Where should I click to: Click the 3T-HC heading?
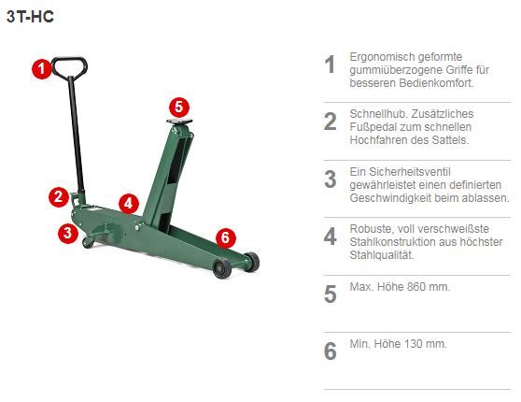(30, 17)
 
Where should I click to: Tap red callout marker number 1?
(42, 69)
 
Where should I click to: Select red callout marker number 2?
(59, 197)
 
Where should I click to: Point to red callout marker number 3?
(68, 233)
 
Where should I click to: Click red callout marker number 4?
(129, 203)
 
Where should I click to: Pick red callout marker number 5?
(179, 108)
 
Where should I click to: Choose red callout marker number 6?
(226, 238)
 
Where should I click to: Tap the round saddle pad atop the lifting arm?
(179, 122)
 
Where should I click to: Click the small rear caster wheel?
(88, 242)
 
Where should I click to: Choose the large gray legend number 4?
(331, 237)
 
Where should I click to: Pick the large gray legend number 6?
(331, 352)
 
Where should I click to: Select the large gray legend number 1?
(330, 65)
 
